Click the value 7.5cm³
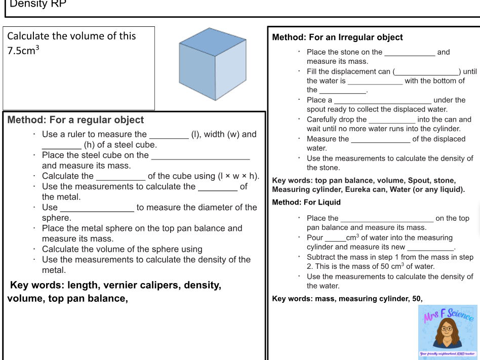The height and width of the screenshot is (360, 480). tap(23, 51)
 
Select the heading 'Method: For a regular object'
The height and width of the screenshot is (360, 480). tap(76, 120)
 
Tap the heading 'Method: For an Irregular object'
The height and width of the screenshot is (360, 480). tap(337, 37)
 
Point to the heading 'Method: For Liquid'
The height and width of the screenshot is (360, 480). tap(306, 202)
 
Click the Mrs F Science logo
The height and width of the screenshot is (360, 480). tap(448, 332)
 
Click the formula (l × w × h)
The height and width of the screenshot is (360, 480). tap(238, 176)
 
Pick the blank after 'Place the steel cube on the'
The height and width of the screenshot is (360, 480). tap(201, 156)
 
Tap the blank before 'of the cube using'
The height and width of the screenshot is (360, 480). tap(121, 177)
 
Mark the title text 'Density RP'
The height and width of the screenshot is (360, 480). tap(38, 5)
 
